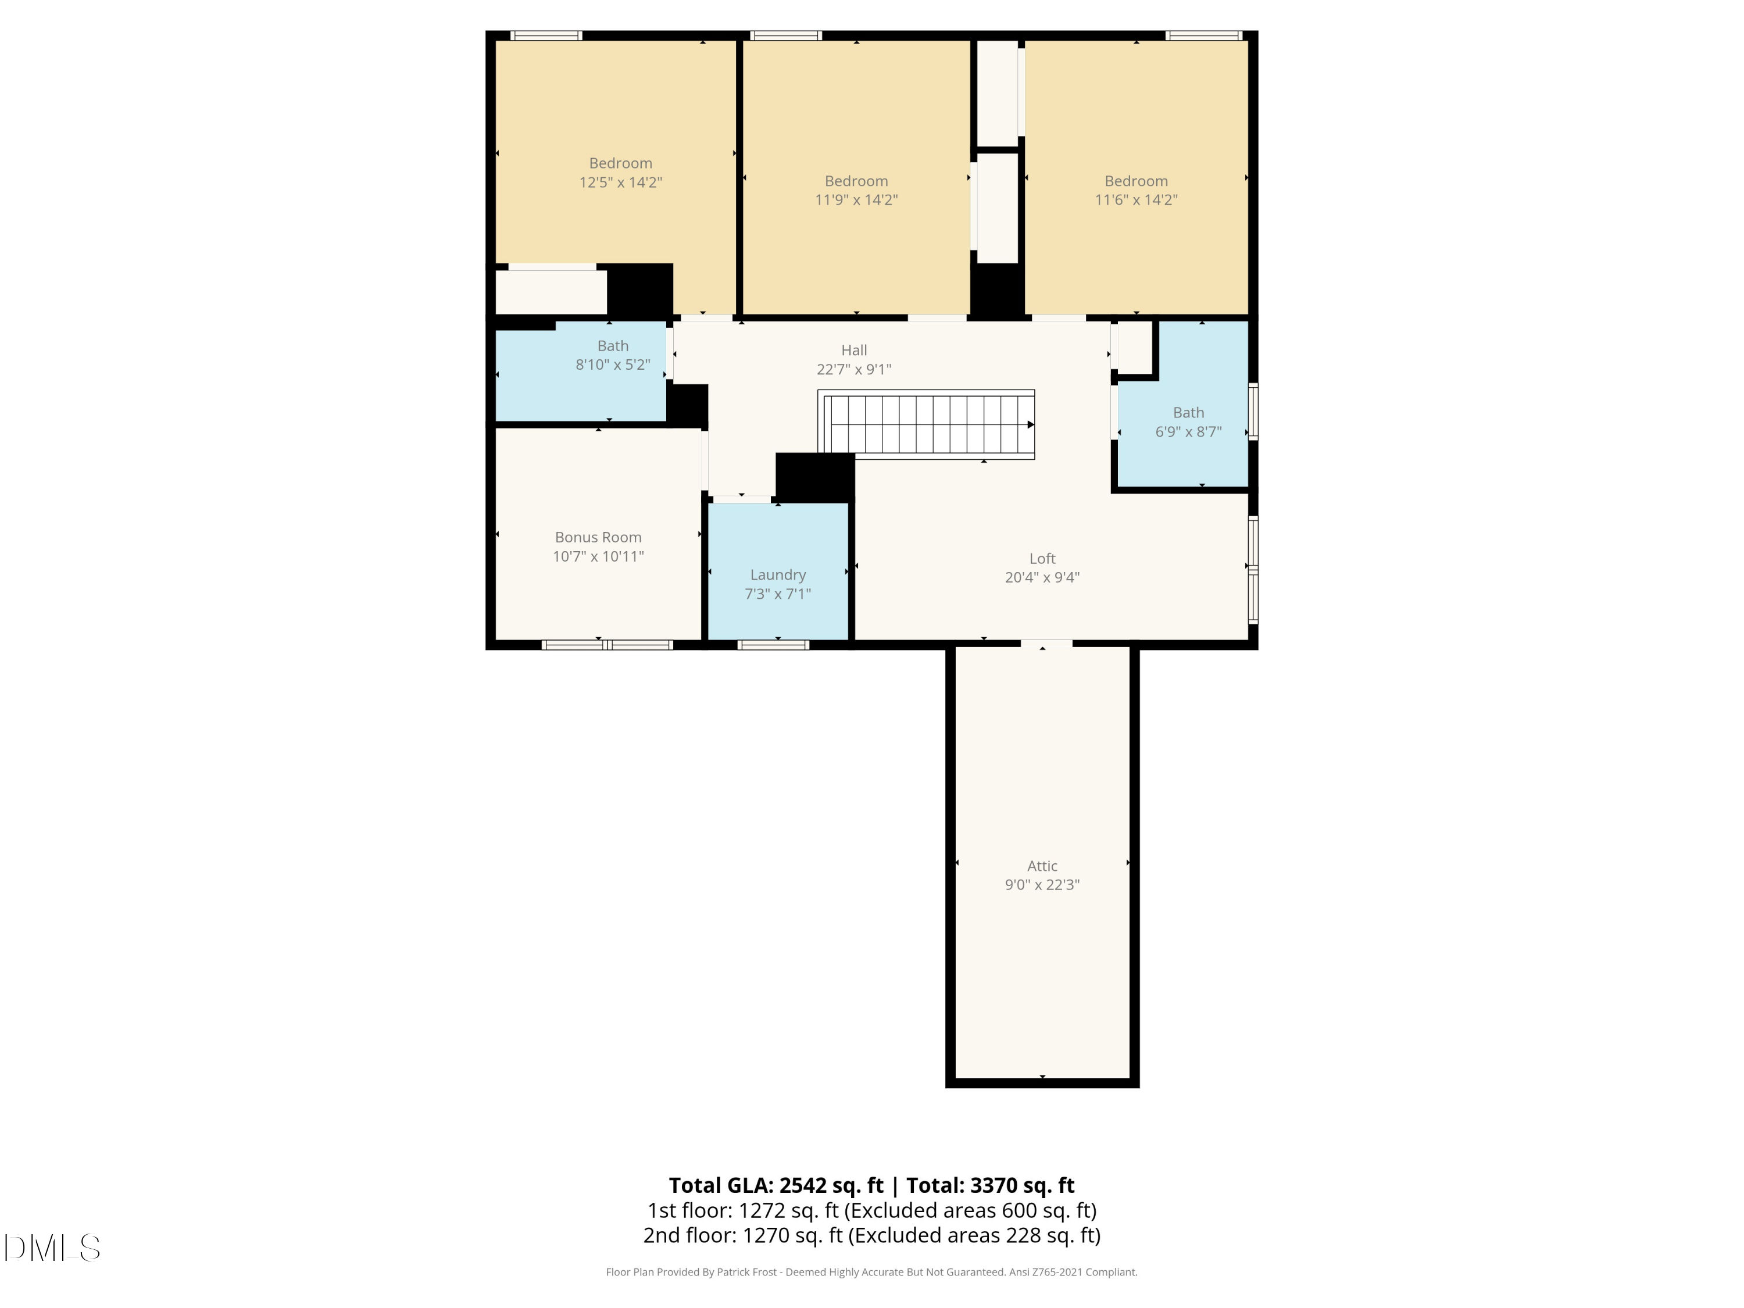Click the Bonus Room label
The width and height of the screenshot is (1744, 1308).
point(598,537)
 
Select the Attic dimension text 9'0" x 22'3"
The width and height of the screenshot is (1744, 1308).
point(1042,885)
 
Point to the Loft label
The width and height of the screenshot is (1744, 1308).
point(1042,558)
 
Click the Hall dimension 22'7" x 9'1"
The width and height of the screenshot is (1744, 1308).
point(854,369)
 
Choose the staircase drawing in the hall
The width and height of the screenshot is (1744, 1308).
point(927,424)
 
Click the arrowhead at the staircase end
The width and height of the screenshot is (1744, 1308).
point(1031,425)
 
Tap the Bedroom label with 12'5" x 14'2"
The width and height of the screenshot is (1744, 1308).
point(620,163)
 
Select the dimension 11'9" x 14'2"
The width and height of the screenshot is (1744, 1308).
point(856,199)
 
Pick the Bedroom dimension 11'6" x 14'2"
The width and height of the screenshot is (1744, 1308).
point(1135,199)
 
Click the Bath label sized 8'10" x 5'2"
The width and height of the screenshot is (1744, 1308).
point(613,345)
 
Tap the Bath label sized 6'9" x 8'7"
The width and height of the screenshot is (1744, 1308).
point(1188,412)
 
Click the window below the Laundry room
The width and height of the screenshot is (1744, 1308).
point(773,645)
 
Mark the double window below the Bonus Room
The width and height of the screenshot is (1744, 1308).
point(607,645)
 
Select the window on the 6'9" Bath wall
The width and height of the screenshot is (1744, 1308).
point(1253,411)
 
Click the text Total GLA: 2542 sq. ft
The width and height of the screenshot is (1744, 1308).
point(776,1185)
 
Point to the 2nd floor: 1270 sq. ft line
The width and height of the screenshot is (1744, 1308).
point(871,1235)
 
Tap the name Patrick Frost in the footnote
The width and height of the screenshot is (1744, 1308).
point(746,1272)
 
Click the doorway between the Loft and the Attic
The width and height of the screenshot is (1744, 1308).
point(1046,644)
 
